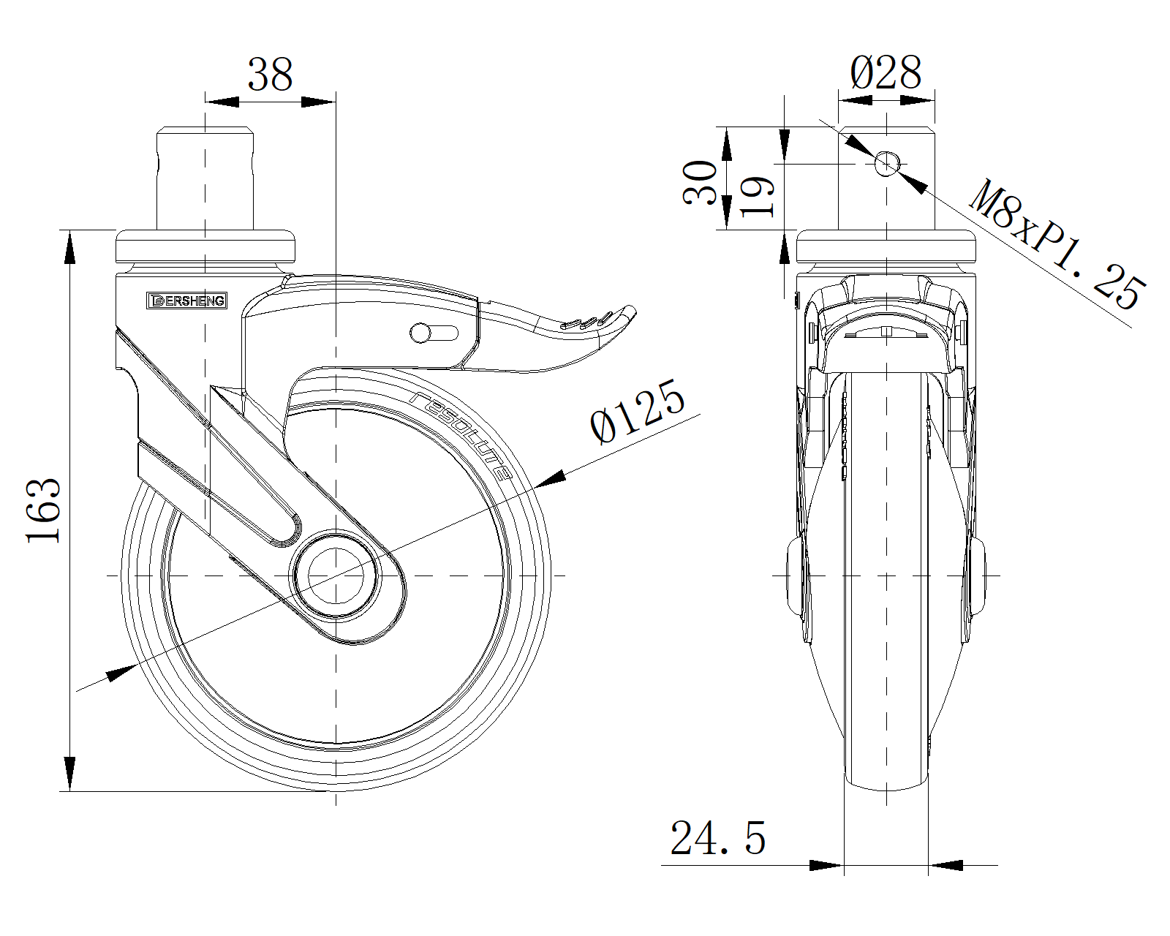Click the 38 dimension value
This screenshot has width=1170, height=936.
tap(271, 75)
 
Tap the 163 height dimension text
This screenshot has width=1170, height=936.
tap(43, 510)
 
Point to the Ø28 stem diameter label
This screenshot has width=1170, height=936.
tap(886, 72)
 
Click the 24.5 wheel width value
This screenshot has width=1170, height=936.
tap(717, 838)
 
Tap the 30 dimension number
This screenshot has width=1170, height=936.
tap(701, 182)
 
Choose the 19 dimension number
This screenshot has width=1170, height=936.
tap(757, 196)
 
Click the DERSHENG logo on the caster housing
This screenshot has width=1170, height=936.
tap(187, 301)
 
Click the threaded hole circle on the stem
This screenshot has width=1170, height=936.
tap(887, 164)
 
